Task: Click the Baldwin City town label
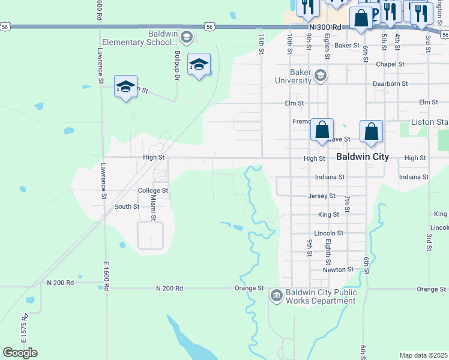coord(362,157)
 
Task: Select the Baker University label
coord(294,76)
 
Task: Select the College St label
coord(152,191)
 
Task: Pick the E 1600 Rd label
coord(106,277)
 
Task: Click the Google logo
coord(20,353)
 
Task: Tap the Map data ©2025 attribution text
coord(423,355)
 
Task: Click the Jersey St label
coord(322,196)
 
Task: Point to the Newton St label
coord(338,270)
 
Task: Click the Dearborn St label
coord(390,84)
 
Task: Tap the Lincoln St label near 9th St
coord(328,233)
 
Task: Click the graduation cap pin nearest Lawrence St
coord(126,88)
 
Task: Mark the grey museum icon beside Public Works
coord(276,294)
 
